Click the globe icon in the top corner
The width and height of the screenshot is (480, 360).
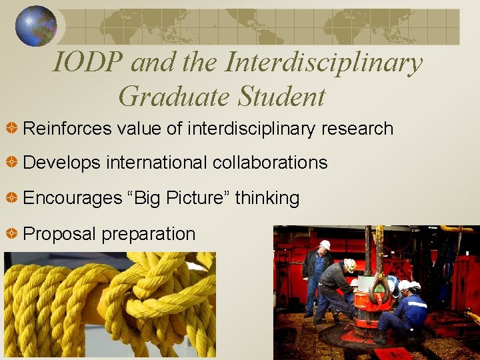click(x=36, y=26)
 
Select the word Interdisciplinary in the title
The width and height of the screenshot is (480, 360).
click(x=324, y=63)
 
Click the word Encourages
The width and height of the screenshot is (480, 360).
click(x=71, y=198)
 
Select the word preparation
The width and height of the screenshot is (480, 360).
click(x=148, y=235)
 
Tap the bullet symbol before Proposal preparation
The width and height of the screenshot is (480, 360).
click(x=11, y=234)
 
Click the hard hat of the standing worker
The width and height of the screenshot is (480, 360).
click(x=325, y=245)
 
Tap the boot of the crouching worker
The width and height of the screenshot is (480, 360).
click(x=380, y=339)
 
